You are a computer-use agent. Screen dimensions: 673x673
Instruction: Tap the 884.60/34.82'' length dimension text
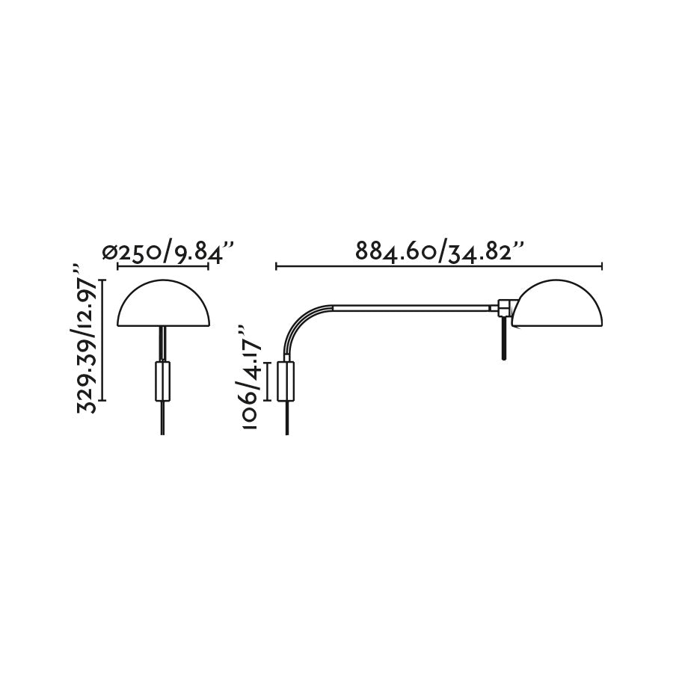pyautogui.click(x=438, y=251)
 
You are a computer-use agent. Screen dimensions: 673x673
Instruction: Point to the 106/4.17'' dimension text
pyautogui.click(x=249, y=378)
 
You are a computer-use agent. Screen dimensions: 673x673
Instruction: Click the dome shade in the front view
pyautogui.click(x=164, y=307)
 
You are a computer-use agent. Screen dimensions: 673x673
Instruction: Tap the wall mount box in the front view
pyautogui.click(x=162, y=381)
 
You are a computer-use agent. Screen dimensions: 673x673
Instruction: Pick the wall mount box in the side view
pyautogui.click(x=286, y=381)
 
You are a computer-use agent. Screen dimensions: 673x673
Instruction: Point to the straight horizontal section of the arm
pyautogui.click(x=411, y=307)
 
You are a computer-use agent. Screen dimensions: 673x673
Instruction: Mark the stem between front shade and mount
pyautogui.click(x=162, y=343)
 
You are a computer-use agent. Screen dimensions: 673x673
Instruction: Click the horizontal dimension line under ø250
pyautogui.click(x=163, y=265)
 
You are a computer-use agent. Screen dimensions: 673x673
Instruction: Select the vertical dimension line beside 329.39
pyautogui.click(x=104, y=339)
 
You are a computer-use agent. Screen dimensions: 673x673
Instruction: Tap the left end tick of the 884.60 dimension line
pyautogui.click(x=277, y=265)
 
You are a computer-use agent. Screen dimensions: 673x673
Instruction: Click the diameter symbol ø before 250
pyautogui.click(x=111, y=253)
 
